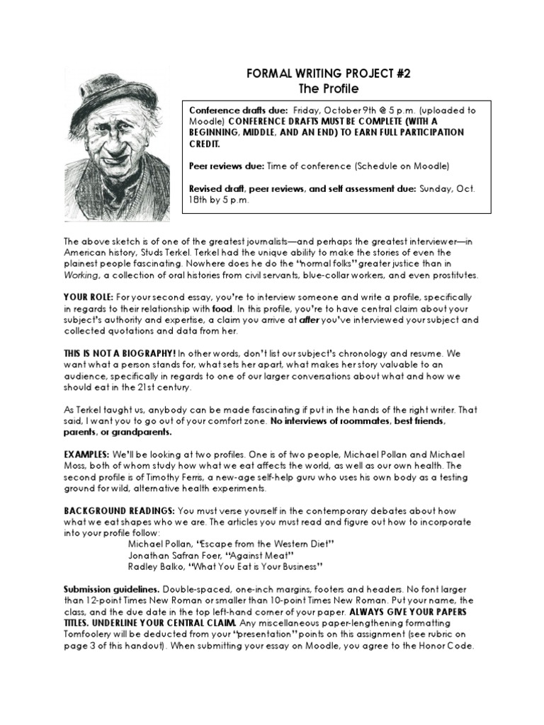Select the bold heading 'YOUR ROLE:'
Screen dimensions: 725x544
pyautogui.click(x=86, y=297)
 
